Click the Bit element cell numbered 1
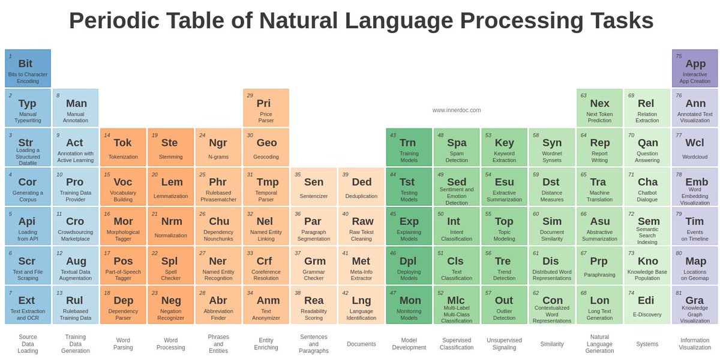[x=28, y=68]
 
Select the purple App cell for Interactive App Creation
[x=695, y=68]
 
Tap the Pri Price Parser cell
[x=266, y=108]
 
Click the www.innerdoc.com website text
[x=456, y=110]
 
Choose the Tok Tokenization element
[x=123, y=148]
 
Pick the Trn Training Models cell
[x=409, y=148]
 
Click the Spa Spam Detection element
[x=457, y=148]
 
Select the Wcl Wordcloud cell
[x=695, y=148]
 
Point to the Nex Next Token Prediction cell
[x=599, y=108]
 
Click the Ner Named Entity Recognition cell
[x=218, y=266]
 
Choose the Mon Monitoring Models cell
[x=409, y=305]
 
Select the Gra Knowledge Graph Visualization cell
[x=695, y=305]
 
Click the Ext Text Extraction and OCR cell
[x=28, y=305]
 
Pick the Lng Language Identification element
[x=361, y=305]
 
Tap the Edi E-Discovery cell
[x=647, y=305]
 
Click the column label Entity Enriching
[x=266, y=344]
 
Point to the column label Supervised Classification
[x=457, y=344]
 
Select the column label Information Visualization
[x=695, y=344]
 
